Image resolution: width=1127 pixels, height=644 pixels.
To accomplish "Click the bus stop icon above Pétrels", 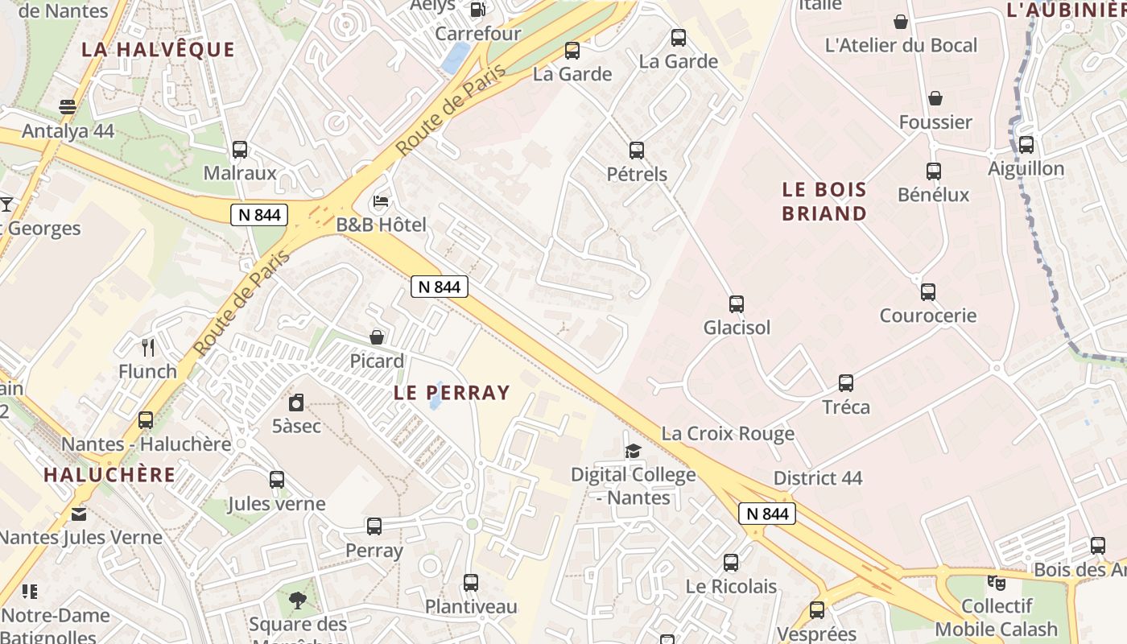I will tap(637, 150).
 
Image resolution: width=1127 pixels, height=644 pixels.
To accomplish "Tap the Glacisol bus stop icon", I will tap(736, 303).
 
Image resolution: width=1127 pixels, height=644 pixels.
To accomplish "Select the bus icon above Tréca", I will tap(846, 382).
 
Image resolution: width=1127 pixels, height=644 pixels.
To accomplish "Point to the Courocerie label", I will tap(927, 316).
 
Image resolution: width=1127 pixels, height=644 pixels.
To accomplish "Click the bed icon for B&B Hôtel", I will tap(381, 200).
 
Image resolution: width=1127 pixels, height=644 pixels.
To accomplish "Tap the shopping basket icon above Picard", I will tap(376, 337).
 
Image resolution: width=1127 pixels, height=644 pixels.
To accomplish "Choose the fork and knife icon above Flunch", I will tap(147, 348).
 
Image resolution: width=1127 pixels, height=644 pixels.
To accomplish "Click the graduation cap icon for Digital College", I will tap(633, 451).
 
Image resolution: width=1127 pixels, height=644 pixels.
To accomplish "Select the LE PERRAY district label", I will tap(452, 393).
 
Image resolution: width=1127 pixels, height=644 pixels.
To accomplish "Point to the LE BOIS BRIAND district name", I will tap(824, 202).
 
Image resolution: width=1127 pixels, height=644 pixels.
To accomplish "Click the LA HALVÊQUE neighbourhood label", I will tap(158, 50).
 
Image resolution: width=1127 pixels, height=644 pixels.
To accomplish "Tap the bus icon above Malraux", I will tap(240, 149).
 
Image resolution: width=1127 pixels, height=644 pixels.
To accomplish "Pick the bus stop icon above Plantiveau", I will tap(471, 582).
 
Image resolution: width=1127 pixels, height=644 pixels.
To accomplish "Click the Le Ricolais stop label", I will tap(731, 586).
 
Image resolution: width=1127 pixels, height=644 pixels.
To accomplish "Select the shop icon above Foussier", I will tap(935, 98).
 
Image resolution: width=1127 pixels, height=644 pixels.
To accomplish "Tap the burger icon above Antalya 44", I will tap(68, 107).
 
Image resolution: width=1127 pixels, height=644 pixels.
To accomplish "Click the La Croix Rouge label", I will tap(728, 434).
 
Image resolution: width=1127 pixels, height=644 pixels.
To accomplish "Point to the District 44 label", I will tap(818, 478).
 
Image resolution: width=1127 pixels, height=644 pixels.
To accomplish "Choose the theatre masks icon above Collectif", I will tap(997, 582).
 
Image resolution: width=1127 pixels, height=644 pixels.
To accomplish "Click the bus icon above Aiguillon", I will tap(1026, 145).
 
